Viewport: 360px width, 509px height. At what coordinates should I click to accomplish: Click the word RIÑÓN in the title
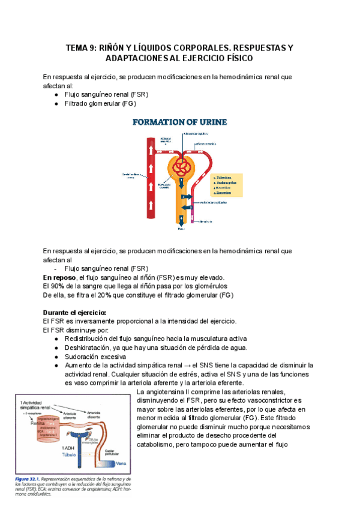[x=112, y=47]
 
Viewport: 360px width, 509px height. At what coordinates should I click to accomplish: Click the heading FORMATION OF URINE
[x=179, y=122]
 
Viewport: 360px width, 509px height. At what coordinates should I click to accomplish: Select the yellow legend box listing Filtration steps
[x=227, y=185]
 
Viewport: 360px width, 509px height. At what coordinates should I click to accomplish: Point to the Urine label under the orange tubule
[x=181, y=229]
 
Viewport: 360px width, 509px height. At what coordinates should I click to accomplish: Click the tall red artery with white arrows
[x=148, y=180]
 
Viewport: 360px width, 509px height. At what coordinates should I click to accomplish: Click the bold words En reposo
[x=59, y=277]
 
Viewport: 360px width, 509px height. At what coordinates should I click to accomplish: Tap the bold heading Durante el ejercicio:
[x=74, y=313]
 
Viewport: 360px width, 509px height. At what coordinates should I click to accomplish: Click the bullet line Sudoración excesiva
[x=91, y=357]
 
